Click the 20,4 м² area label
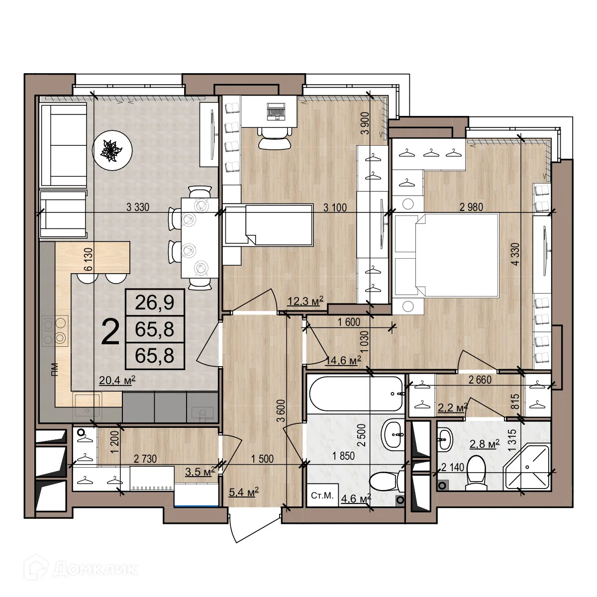(x=117, y=381)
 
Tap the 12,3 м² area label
(x=305, y=300)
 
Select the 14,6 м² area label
(x=343, y=360)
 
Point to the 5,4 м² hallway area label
(x=243, y=493)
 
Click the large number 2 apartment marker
(x=110, y=332)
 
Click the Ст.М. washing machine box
(x=322, y=496)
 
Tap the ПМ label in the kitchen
(x=54, y=368)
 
